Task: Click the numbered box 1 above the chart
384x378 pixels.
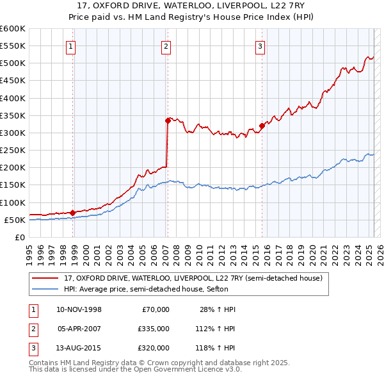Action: click(x=70, y=45)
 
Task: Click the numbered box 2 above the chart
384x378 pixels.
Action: click(x=166, y=45)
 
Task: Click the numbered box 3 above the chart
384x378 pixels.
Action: click(x=260, y=45)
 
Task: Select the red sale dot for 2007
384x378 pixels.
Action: click(x=168, y=120)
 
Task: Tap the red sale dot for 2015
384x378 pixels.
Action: click(x=262, y=126)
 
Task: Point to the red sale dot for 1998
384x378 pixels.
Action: click(x=72, y=213)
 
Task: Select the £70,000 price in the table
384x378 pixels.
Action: click(x=155, y=309)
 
